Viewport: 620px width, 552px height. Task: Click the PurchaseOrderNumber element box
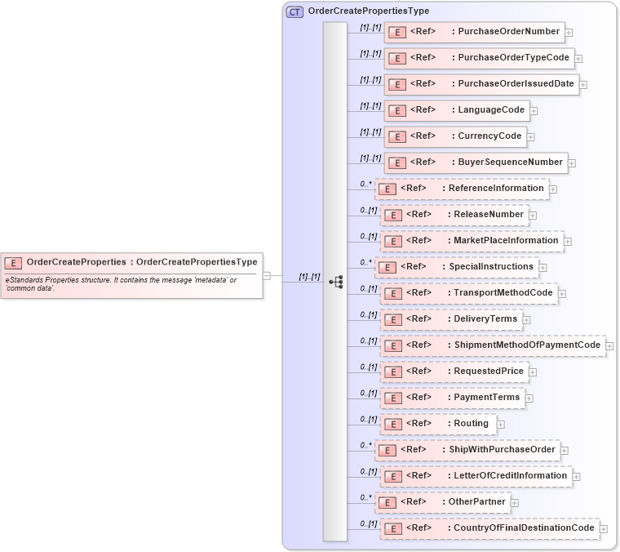click(x=474, y=32)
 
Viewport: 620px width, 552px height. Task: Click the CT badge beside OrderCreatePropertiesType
click(x=294, y=11)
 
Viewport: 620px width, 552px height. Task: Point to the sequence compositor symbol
click(x=335, y=281)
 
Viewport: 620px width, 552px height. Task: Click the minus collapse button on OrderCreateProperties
click(x=267, y=276)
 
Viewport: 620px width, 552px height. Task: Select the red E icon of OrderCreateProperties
click(x=13, y=263)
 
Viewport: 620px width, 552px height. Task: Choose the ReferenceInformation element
click(x=462, y=189)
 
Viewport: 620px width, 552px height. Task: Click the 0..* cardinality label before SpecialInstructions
click(x=366, y=263)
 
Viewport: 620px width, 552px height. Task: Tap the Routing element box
click(x=437, y=424)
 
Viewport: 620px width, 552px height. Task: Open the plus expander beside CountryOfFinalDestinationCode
click(x=604, y=529)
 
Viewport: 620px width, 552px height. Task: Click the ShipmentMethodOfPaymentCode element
click(x=493, y=345)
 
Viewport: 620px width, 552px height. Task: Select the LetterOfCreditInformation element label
click(x=510, y=475)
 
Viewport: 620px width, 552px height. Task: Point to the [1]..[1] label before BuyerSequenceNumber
click(x=370, y=158)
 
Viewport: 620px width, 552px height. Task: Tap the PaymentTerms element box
click(x=452, y=398)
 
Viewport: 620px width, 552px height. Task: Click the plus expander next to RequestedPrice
click(x=534, y=372)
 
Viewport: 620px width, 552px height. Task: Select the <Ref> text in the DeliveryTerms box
click(x=418, y=319)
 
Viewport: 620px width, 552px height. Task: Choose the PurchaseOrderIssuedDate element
click(x=481, y=84)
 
